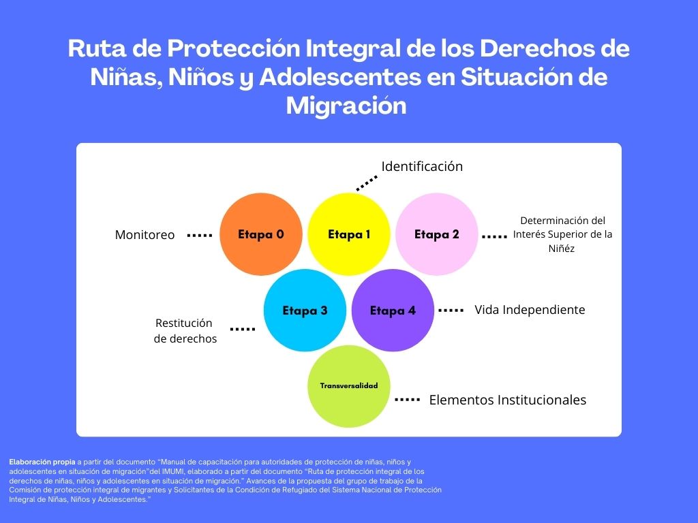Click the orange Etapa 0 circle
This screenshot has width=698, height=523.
click(261, 234)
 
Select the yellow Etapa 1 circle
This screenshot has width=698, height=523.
click(349, 234)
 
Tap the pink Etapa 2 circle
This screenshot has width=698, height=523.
click(437, 234)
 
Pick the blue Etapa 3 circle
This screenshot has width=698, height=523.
click(305, 310)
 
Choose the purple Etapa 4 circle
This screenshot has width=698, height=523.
click(393, 310)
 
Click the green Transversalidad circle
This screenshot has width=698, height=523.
click(349, 386)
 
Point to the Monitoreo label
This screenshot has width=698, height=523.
click(145, 235)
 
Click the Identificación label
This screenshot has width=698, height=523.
click(422, 166)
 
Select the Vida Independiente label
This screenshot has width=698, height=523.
click(530, 310)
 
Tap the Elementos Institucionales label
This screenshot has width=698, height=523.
click(507, 400)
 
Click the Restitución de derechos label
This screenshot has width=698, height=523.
click(185, 331)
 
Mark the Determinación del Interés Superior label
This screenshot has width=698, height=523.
click(562, 234)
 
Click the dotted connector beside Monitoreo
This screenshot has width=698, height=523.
click(200, 235)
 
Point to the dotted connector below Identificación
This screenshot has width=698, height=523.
click(367, 183)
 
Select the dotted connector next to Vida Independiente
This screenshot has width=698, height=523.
click(451, 310)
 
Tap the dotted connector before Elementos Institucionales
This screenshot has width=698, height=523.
click(408, 400)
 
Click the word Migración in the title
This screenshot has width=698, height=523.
click(346, 106)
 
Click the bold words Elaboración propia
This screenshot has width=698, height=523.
click(42, 462)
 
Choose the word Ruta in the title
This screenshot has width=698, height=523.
click(97, 48)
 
